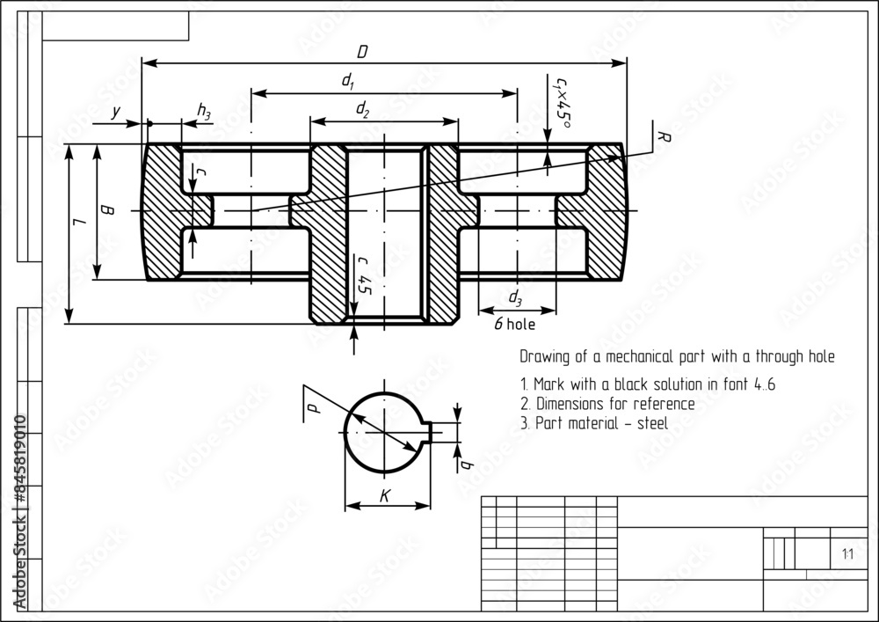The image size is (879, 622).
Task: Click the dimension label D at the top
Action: tap(362, 52)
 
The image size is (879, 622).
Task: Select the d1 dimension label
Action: tap(348, 81)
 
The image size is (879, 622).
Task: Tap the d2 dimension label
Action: tap(362, 108)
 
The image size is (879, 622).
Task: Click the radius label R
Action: tap(665, 136)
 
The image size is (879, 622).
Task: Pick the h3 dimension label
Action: tap(204, 111)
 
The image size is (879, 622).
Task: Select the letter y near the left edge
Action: tap(116, 112)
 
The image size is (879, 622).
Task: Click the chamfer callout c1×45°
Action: tap(560, 102)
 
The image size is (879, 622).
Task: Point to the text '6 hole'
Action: tap(514, 324)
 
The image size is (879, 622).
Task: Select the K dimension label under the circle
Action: tap(385, 497)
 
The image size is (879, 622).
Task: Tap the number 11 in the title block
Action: tap(846, 554)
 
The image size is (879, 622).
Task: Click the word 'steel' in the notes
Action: tap(651, 423)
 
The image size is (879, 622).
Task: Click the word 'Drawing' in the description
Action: tap(542, 357)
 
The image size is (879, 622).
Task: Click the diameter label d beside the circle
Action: tap(313, 404)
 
